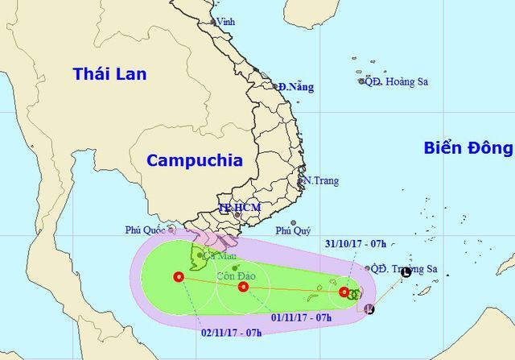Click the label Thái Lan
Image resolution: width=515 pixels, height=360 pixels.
point(110,74)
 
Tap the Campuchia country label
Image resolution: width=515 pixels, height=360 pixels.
point(194,160)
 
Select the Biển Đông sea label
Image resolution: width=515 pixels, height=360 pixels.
point(468,147)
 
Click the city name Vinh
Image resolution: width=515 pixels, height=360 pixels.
point(226,22)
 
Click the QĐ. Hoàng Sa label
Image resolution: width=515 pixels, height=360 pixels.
point(396,81)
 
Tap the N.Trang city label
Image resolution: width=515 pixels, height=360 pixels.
point(319,180)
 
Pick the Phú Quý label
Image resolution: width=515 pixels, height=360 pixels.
point(293,231)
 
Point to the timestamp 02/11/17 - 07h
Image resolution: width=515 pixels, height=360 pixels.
point(229,329)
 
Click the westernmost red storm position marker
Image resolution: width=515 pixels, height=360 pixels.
point(178,278)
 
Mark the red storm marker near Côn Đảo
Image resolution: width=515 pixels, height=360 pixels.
point(244,286)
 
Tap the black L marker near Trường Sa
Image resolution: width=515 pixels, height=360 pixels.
point(406,273)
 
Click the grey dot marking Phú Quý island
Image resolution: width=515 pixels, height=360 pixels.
point(294,222)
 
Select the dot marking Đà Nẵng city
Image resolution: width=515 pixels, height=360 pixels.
point(274,86)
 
